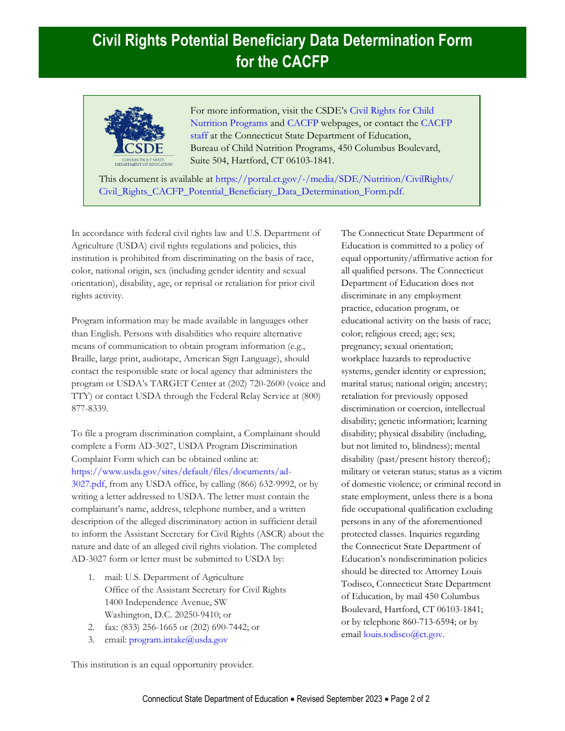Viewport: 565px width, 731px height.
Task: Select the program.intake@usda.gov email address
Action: pyautogui.click(x=178, y=640)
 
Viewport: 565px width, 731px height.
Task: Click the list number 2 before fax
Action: pyautogui.click(x=91, y=628)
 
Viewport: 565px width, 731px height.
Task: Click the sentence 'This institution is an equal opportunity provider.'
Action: pyautogui.click(x=162, y=665)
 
